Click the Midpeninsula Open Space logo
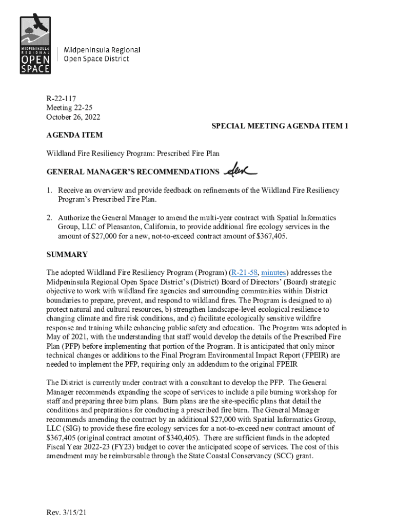point(35,45)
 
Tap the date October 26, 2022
point(73,117)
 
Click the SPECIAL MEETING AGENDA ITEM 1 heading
point(280,126)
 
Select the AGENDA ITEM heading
point(74,135)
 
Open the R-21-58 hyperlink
point(244,272)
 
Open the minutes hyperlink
point(274,272)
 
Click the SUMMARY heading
point(67,254)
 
